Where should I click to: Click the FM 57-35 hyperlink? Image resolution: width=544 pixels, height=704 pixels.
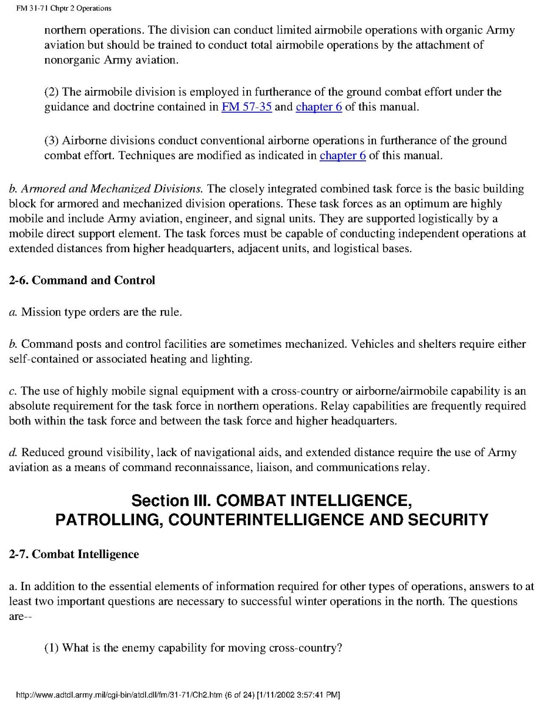pyautogui.click(x=246, y=108)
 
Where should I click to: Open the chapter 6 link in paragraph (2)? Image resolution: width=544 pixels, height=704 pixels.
pyautogui.click(x=318, y=108)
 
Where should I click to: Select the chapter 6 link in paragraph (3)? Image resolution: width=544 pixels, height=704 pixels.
pyautogui.click(x=342, y=156)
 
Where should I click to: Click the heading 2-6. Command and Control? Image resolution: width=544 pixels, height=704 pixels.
pyautogui.click(x=82, y=280)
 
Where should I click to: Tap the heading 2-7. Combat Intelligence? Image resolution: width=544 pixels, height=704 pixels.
pyautogui.click(x=74, y=554)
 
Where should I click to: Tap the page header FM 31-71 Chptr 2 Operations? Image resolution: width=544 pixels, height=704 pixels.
pyautogui.click(x=57, y=8)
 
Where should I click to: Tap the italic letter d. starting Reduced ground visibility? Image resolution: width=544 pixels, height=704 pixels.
pyautogui.click(x=12, y=452)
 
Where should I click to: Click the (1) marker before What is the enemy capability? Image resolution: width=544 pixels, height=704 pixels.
pyautogui.click(x=52, y=648)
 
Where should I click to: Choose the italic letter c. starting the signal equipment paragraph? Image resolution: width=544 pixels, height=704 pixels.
pyautogui.click(x=12, y=391)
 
